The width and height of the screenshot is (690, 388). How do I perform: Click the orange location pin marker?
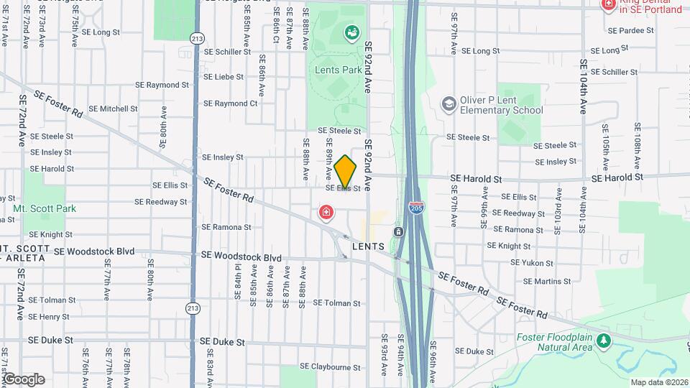pos(346,172)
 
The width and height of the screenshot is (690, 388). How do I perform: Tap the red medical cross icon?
pos(326,213)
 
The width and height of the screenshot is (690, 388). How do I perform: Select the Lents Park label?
pos(338,70)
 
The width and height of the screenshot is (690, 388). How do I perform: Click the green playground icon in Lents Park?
pos(351,32)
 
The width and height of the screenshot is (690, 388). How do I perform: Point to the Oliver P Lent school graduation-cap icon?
pos(449,104)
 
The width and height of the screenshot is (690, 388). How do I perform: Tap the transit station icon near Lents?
pos(397,232)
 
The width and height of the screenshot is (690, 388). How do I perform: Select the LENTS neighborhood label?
pos(369,246)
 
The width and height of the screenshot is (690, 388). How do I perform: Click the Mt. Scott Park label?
pos(44,209)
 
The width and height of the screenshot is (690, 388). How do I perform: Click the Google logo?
pos(24,379)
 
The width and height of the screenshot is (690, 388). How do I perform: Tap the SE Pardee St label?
pos(631,32)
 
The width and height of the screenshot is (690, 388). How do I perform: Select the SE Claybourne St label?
pos(330,366)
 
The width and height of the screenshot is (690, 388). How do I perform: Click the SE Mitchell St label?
pos(114,109)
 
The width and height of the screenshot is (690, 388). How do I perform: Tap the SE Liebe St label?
pos(224,75)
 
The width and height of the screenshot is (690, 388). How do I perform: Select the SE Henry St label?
pos(50,317)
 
